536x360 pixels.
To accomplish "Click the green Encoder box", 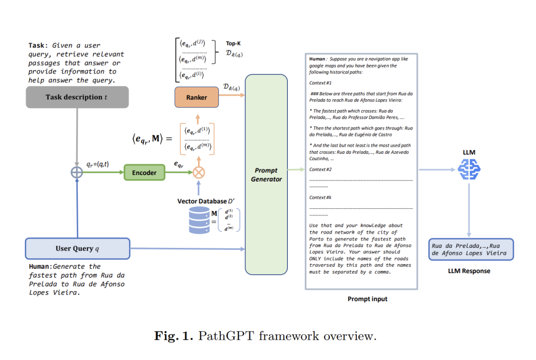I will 144,173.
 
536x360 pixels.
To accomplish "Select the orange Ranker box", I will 197,97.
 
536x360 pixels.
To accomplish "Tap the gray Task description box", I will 77,97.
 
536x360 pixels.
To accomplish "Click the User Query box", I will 77,248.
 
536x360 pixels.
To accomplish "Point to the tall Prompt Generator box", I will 266,175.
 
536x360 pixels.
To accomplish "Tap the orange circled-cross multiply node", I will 199,173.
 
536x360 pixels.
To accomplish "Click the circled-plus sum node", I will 77,173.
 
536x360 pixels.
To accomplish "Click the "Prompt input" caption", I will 367,299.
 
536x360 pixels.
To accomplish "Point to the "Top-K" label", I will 234,43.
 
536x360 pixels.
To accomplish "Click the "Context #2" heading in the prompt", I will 320,170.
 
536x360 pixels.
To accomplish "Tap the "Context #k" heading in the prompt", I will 320,197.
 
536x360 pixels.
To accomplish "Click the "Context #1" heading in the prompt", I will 320,83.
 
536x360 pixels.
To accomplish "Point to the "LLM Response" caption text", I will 469,271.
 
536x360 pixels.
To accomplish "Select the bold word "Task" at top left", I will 38,46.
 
